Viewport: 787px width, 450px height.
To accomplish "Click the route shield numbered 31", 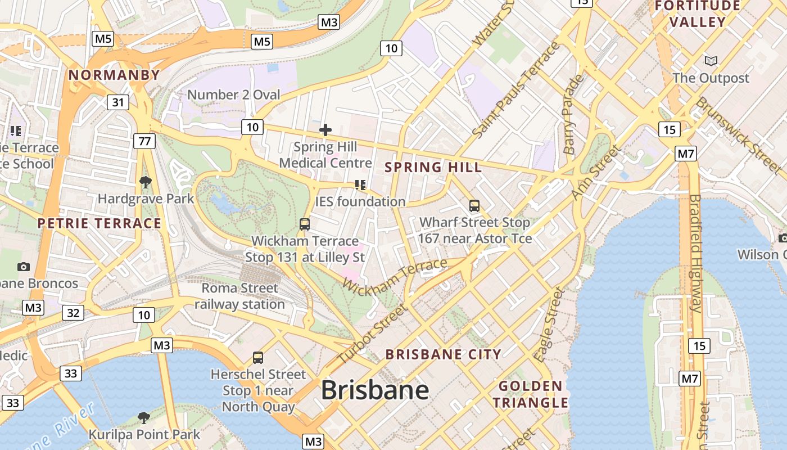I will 117,102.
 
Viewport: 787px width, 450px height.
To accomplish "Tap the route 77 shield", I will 144,141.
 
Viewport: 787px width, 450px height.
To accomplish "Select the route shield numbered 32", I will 73,313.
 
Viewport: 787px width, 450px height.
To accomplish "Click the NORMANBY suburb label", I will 114,75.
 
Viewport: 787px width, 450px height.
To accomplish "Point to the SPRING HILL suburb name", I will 433,167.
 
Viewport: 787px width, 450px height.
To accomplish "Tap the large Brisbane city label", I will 375,390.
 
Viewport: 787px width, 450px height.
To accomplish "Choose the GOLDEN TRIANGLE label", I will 531,394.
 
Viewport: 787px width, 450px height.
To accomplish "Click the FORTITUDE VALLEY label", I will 698,14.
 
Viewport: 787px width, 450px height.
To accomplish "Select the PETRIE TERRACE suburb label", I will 99,223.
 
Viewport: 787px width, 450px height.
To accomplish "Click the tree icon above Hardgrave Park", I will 146,182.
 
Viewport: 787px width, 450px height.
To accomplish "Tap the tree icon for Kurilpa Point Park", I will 144,417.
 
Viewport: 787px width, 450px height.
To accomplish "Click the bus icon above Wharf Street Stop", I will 474,206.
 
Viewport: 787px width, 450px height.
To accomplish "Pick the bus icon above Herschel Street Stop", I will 258,358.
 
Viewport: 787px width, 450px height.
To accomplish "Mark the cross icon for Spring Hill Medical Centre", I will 325,130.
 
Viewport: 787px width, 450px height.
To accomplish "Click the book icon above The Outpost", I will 711,61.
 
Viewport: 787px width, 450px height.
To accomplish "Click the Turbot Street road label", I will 372,334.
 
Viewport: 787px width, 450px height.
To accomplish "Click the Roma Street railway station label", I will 240,296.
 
